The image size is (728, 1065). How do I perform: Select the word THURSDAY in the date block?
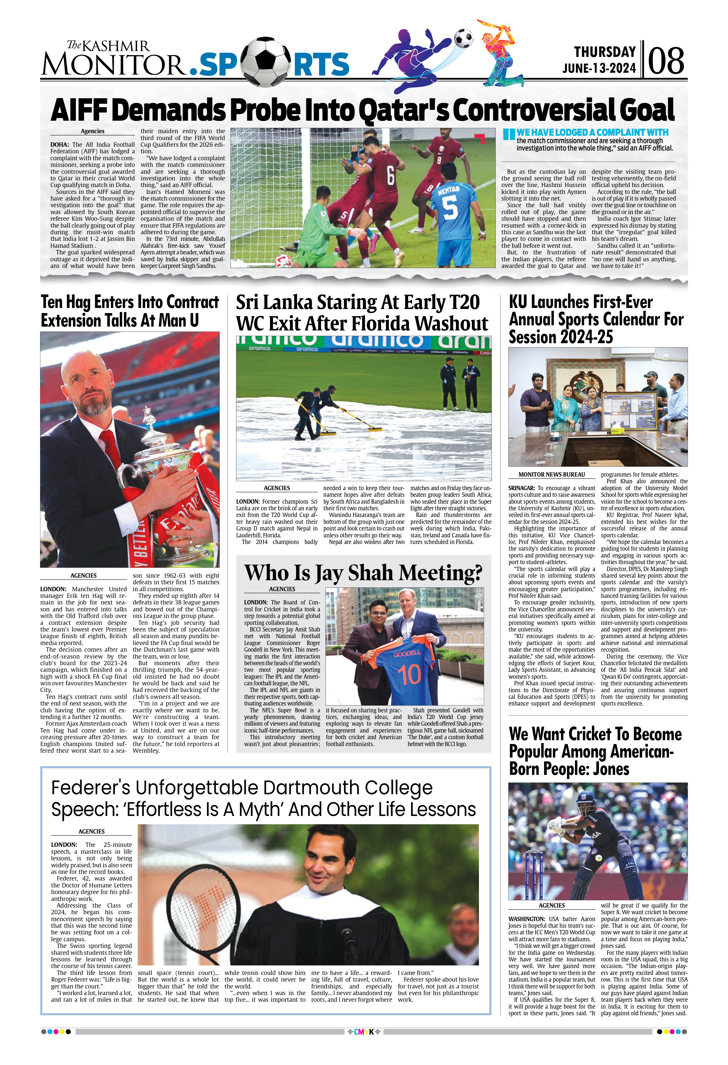pos(605,52)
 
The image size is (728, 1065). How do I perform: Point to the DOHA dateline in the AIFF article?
pos(60,144)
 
